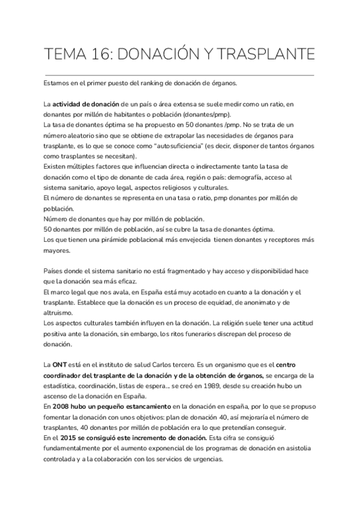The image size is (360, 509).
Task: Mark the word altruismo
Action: click(58, 313)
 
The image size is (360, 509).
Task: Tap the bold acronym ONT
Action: click(59, 364)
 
